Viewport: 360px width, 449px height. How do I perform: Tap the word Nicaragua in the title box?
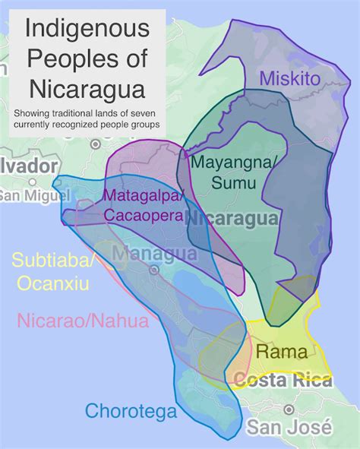(x=87, y=89)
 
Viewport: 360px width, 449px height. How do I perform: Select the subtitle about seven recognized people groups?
(x=87, y=119)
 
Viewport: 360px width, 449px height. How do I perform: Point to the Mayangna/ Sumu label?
(x=225, y=172)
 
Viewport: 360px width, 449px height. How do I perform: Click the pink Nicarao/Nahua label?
(x=83, y=321)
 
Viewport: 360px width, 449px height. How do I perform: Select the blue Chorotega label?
(x=131, y=412)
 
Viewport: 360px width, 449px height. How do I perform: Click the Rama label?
(x=282, y=352)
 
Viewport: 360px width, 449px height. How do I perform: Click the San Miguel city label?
(x=28, y=195)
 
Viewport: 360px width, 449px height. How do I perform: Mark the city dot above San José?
(x=288, y=409)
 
